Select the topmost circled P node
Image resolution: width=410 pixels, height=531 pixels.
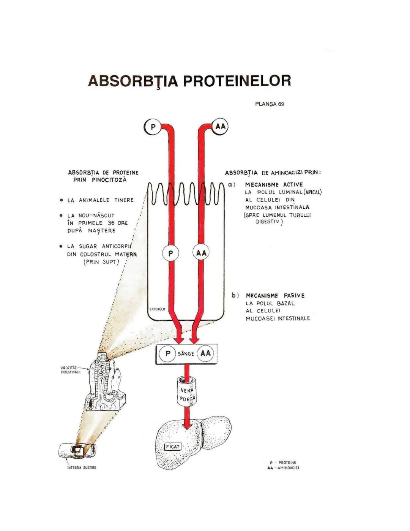point(153,127)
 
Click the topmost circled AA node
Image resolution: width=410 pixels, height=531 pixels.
point(220,126)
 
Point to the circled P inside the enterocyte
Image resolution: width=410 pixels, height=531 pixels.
point(170,253)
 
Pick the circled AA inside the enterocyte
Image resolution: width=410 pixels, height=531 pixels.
point(201,253)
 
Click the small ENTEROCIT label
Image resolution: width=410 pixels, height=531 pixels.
point(158,309)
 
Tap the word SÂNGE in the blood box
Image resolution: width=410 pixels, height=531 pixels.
point(186,354)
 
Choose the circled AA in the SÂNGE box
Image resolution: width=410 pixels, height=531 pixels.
point(205,353)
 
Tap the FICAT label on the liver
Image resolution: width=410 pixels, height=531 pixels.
point(173,447)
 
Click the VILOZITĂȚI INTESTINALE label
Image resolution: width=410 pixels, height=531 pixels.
point(71,370)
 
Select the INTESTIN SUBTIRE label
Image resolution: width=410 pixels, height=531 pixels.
point(82,468)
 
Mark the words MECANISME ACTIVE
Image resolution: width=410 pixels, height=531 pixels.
point(274,185)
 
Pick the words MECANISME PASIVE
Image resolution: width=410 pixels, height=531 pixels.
point(275,296)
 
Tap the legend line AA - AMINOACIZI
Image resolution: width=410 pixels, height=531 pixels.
point(283,468)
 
